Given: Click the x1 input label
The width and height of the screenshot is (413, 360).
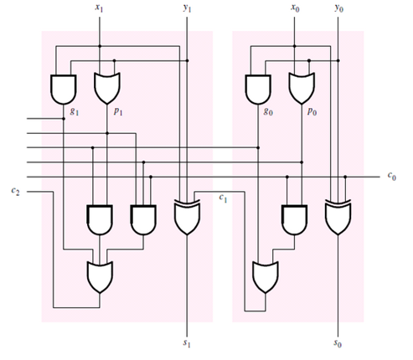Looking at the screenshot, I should tap(100, 8).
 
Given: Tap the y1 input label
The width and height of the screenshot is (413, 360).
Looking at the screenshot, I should tap(187, 8).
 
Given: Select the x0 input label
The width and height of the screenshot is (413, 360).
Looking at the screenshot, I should tap(294, 8).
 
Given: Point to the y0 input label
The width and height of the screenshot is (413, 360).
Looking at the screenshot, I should tap(338, 8).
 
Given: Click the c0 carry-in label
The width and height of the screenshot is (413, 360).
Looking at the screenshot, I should tap(392, 177).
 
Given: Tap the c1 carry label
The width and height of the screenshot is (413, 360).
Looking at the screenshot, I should tap(223, 198).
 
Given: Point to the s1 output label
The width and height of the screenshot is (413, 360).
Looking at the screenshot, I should tap(187, 344).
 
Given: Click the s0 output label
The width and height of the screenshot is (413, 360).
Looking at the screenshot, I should tap(338, 344).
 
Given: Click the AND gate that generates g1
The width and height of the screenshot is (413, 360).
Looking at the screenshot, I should tap(63, 86).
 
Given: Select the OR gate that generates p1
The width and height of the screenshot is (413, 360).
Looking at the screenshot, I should tap(106, 86).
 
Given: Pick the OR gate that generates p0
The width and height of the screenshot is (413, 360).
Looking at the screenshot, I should tap(300, 86).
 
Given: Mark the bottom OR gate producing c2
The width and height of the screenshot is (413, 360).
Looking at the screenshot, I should tap(101, 275).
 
